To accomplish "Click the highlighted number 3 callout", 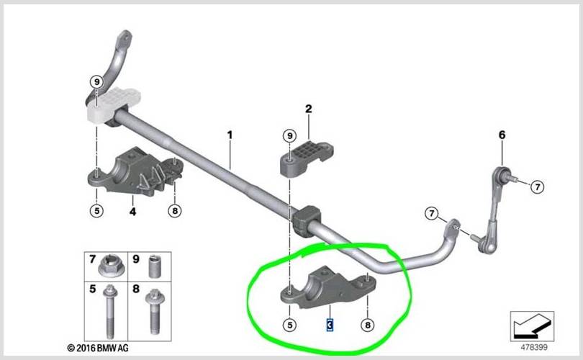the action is point(330,325).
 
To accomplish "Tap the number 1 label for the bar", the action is point(230,135).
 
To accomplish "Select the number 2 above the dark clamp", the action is point(309,109).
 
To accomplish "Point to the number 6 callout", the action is point(502,135).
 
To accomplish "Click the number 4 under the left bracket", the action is point(132,212).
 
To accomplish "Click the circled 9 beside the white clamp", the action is point(96,81).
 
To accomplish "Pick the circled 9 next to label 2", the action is point(290,136).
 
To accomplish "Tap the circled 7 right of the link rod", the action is point(537,186).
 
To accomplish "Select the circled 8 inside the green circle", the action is point(368,325).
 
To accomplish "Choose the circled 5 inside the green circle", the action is point(290,325).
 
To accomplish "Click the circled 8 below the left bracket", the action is point(175,211).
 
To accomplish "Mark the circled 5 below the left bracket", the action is point(96,211).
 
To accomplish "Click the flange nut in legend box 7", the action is point(110,266).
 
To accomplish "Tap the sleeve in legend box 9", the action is point(155,266).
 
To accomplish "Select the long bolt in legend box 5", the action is point(110,310).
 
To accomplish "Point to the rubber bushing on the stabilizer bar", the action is point(306,220).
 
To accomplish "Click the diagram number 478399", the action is point(534,347).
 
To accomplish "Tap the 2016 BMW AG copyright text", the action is point(98,348).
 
